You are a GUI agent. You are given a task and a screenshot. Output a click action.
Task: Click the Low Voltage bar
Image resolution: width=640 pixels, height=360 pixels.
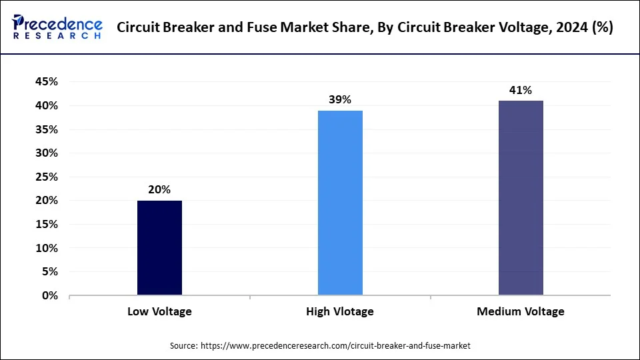pyautogui.click(x=159, y=247)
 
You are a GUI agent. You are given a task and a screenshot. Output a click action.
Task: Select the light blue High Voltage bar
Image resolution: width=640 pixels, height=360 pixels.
pyautogui.click(x=340, y=203)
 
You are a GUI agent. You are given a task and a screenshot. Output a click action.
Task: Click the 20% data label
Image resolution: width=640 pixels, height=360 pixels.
pyautogui.click(x=159, y=189)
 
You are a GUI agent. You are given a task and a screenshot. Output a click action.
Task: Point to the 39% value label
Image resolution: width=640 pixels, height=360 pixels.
pyautogui.click(x=340, y=99)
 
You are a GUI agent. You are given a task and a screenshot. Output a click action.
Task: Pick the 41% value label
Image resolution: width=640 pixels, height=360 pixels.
pyautogui.click(x=521, y=90)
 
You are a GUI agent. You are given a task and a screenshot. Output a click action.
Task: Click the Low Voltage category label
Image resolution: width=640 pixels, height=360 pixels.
pyautogui.click(x=159, y=311)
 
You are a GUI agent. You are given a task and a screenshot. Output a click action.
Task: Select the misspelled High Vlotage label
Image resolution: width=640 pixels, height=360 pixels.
pyautogui.click(x=340, y=311)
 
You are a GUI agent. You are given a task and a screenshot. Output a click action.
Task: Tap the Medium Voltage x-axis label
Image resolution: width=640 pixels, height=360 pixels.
pyautogui.click(x=521, y=311)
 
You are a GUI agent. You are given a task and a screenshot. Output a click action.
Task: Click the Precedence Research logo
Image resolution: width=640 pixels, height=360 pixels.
pyautogui.click(x=57, y=27)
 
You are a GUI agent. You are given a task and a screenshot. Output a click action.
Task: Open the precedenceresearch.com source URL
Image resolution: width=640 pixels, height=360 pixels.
pyautogui.click(x=336, y=345)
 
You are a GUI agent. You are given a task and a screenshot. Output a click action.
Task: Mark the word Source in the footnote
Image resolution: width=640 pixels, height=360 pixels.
pyautogui.click(x=183, y=345)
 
